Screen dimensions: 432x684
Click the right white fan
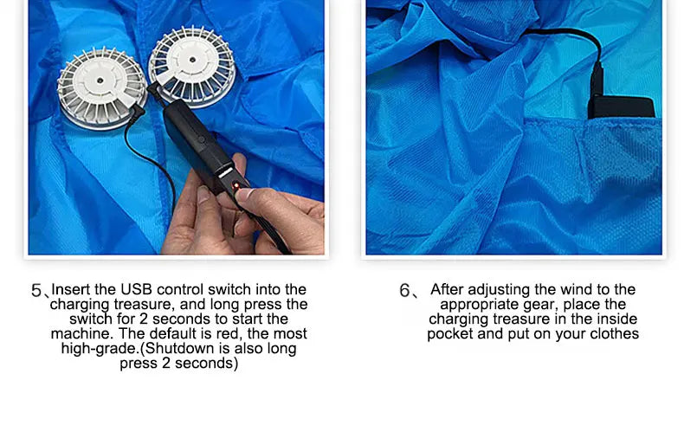pyautogui.click(x=190, y=67)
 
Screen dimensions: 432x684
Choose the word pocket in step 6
pyautogui.click(x=449, y=333)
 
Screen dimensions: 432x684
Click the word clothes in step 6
pyautogui.click(x=614, y=333)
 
